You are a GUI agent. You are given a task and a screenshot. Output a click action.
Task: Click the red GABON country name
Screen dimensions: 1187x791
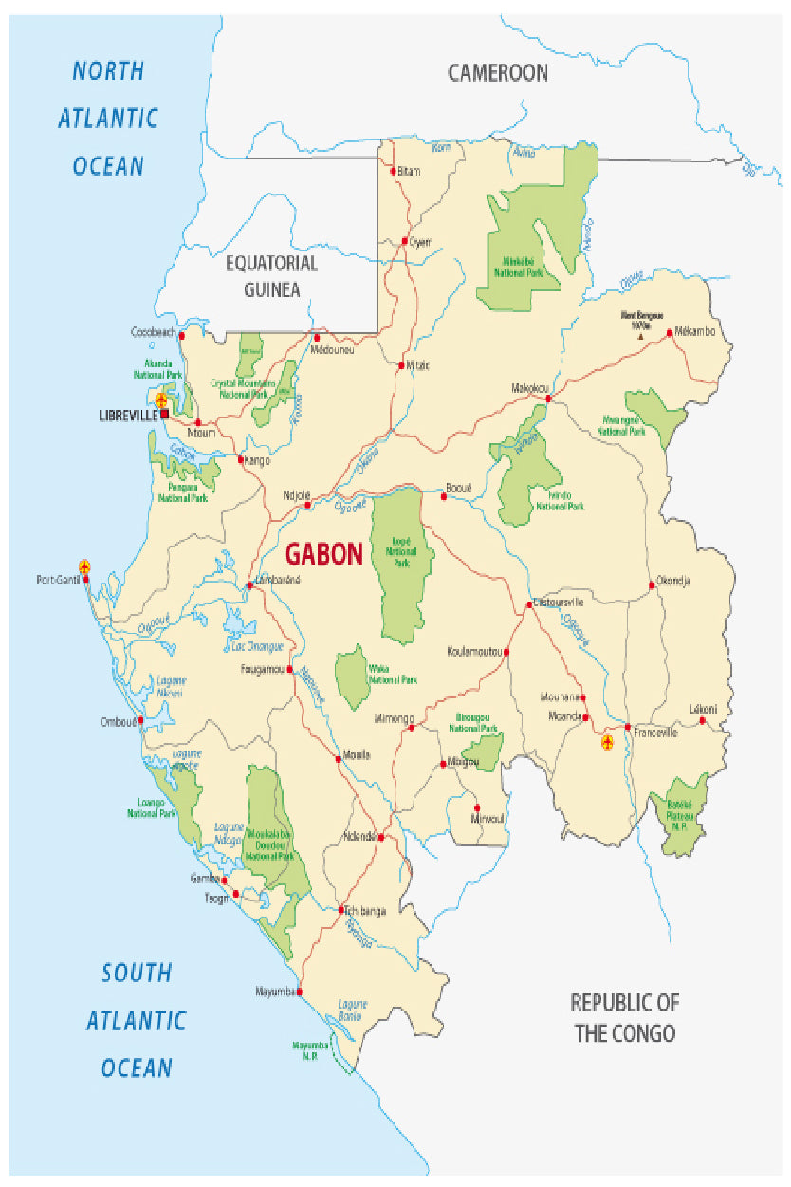click(x=324, y=554)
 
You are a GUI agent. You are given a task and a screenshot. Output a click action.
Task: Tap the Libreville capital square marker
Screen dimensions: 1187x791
click(x=164, y=415)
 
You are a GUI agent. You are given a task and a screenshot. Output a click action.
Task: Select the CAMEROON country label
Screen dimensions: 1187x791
click(x=498, y=72)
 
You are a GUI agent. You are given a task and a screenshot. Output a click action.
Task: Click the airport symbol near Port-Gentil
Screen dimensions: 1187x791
click(x=84, y=566)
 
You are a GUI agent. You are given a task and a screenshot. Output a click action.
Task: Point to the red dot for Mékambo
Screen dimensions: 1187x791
click(x=670, y=332)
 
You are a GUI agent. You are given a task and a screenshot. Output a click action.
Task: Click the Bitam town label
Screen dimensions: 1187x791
click(x=409, y=171)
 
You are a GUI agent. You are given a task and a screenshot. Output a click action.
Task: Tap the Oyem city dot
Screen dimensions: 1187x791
click(x=405, y=242)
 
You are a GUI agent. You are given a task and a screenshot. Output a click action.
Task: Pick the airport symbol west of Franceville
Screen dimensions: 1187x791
click(x=607, y=741)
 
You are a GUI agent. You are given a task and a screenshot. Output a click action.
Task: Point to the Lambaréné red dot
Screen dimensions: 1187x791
click(x=249, y=585)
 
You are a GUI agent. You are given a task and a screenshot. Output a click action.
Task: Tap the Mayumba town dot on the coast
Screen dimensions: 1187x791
click(x=300, y=992)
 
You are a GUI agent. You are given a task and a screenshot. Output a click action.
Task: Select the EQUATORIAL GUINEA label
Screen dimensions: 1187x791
click(x=271, y=276)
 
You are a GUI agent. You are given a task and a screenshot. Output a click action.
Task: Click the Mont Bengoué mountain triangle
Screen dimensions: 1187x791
click(x=641, y=335)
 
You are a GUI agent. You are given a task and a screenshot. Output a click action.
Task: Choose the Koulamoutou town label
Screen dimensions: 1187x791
click(x=474, y=652)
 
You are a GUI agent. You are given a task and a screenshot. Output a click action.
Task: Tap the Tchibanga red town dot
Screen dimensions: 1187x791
click(x=340, y=910)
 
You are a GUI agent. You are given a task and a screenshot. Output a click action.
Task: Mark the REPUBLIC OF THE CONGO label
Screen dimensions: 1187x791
click(x=624, y=1017)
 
